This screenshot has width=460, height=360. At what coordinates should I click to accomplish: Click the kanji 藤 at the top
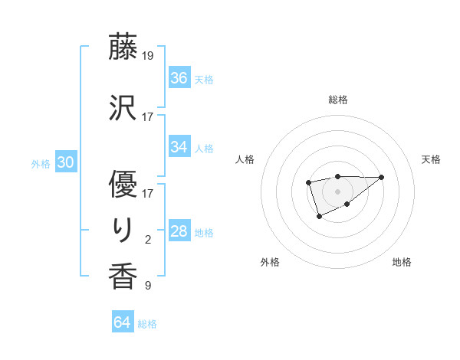pos(123,47)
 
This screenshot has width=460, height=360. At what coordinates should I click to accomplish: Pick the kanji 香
pos(123,277)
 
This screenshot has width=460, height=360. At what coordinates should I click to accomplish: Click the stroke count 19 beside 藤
pos(148,56)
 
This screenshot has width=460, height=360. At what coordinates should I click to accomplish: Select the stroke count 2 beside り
pos(148,240)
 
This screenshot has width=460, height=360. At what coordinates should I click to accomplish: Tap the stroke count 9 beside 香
pos(148,286)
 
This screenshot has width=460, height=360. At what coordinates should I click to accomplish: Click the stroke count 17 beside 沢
pos(148,117)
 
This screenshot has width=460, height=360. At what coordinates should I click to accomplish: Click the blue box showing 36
pos(179,77)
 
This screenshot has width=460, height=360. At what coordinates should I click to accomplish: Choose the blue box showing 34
pos(179,147)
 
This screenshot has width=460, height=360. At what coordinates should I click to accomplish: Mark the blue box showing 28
pos(179,231)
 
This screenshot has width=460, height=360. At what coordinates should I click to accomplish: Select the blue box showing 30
pos(65,162)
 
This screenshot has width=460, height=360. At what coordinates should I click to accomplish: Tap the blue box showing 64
pos(123,322)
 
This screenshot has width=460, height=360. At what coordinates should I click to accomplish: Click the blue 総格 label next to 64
pos(147,324)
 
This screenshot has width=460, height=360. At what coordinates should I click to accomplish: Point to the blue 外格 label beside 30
pos(41,163)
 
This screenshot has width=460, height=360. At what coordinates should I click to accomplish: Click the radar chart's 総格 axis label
pos(338,100)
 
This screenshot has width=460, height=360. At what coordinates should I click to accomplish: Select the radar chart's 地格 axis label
pos(402,262)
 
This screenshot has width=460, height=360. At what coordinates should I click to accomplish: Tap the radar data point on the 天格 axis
pos(382,177)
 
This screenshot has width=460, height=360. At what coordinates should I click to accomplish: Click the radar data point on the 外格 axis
pos(319,217)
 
